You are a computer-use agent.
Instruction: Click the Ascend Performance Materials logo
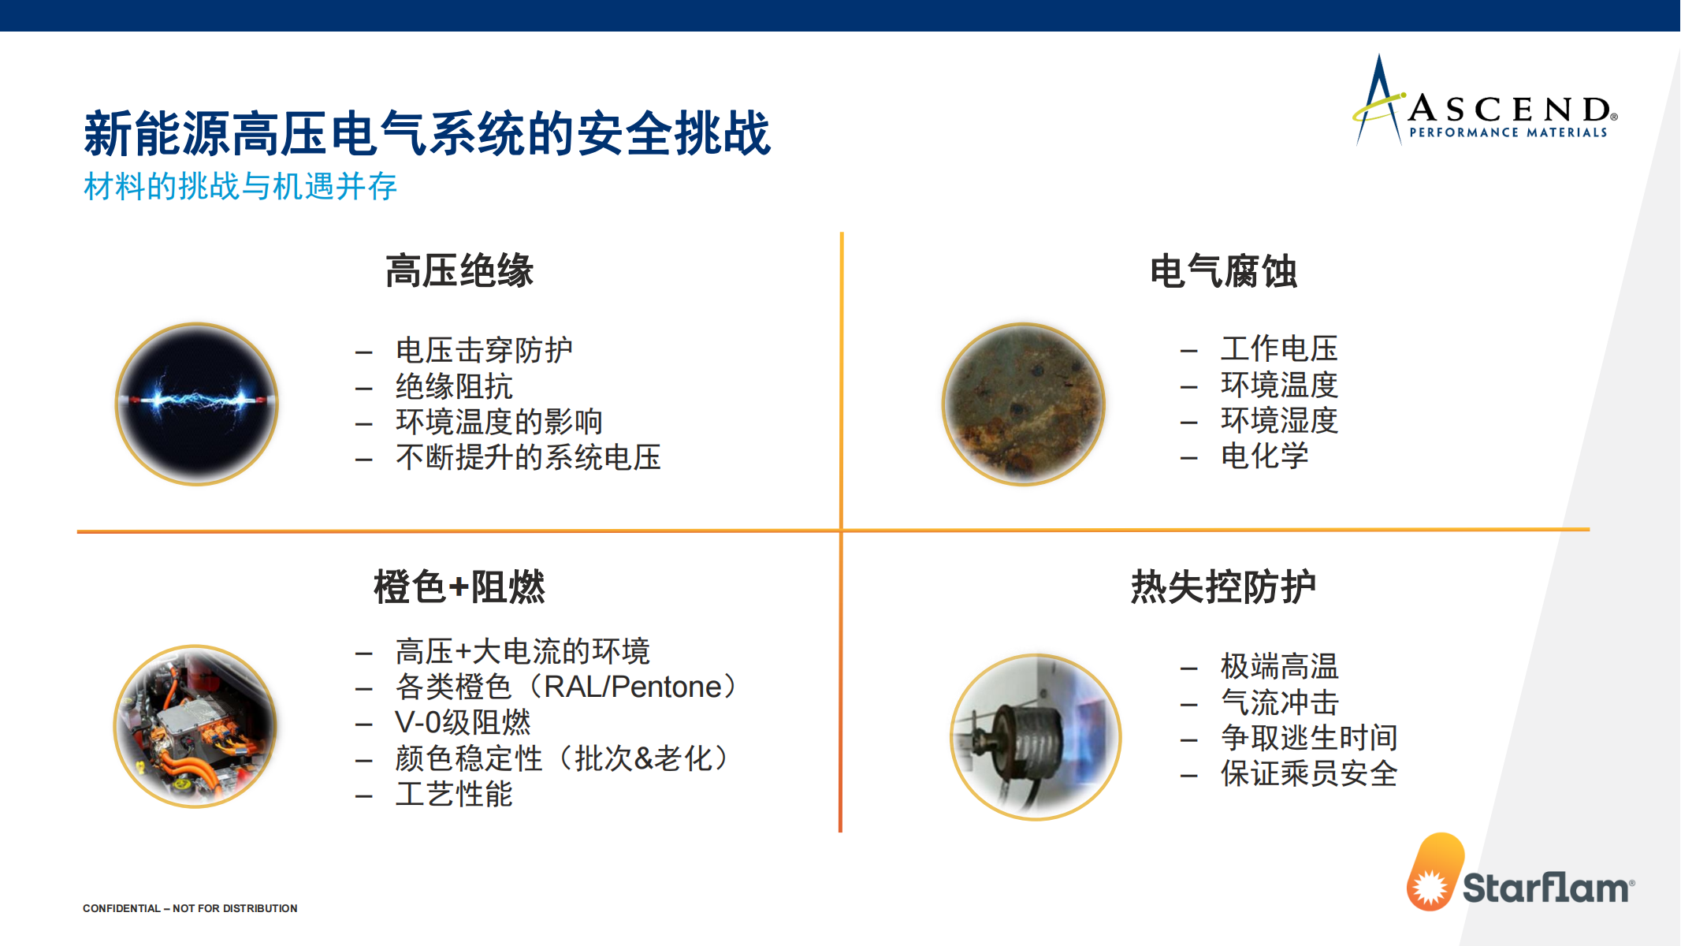click(1485, 101)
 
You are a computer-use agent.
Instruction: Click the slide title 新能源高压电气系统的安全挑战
click(427, 133)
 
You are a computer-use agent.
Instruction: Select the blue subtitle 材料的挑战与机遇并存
click(240, 187)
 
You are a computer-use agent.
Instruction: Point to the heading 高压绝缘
click(459, 271)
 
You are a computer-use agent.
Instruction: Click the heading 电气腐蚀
click(1223, 271)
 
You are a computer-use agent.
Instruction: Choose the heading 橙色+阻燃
click(459, 587)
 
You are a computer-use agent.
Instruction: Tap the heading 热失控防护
click(1223, 587)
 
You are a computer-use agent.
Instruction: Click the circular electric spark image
click(197, 404)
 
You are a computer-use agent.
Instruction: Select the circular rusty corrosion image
click(1024, 404)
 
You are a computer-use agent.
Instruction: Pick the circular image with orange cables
click(195, 726)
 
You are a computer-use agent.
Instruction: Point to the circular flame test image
click(1036, 737)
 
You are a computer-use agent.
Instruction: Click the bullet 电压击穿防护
click(484, 350)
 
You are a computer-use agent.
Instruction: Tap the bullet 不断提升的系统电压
click(528, 457)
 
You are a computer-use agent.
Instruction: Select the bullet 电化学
click(1265, 456)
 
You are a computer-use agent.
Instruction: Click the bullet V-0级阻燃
click(463, 722)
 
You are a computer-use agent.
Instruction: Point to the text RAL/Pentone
click(633, 687)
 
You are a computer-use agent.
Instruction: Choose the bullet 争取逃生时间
click(1309, 738)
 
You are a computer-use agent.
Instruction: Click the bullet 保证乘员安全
click(1309, 773)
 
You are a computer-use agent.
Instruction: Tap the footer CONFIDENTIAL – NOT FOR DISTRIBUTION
click(190, 908)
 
